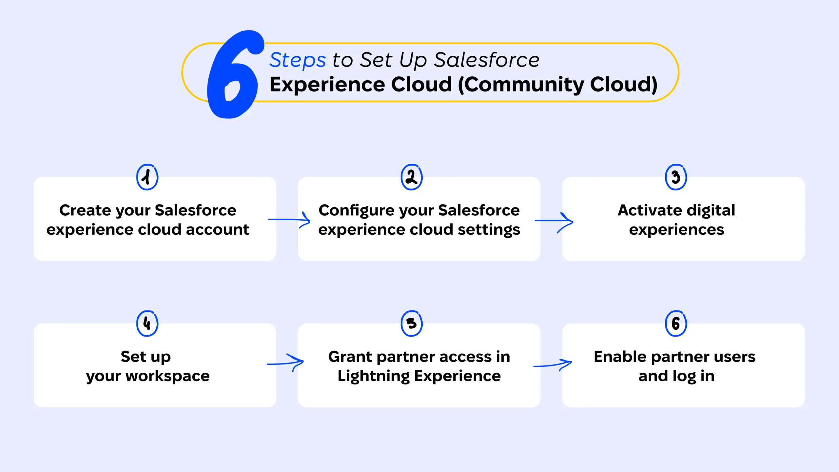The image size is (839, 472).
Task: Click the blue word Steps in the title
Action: (x=298, y=60)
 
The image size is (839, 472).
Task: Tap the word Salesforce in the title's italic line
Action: (x=486, y=60)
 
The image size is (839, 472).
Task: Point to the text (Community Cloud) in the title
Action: (x=557, y=85)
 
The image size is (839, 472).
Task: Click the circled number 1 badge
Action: (x=147, y=177)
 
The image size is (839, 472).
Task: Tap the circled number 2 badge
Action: (x=412, y=177)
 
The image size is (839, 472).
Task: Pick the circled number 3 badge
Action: (x=676, y=177)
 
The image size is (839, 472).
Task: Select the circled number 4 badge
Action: (x=147, y=324)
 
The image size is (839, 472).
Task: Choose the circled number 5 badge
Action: (x=412, y=324)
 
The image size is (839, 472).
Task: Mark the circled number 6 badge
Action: (x=676, y=324)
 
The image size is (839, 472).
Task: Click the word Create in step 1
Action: (x=85, y=210)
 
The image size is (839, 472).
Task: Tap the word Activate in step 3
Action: (x=650, y=210)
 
